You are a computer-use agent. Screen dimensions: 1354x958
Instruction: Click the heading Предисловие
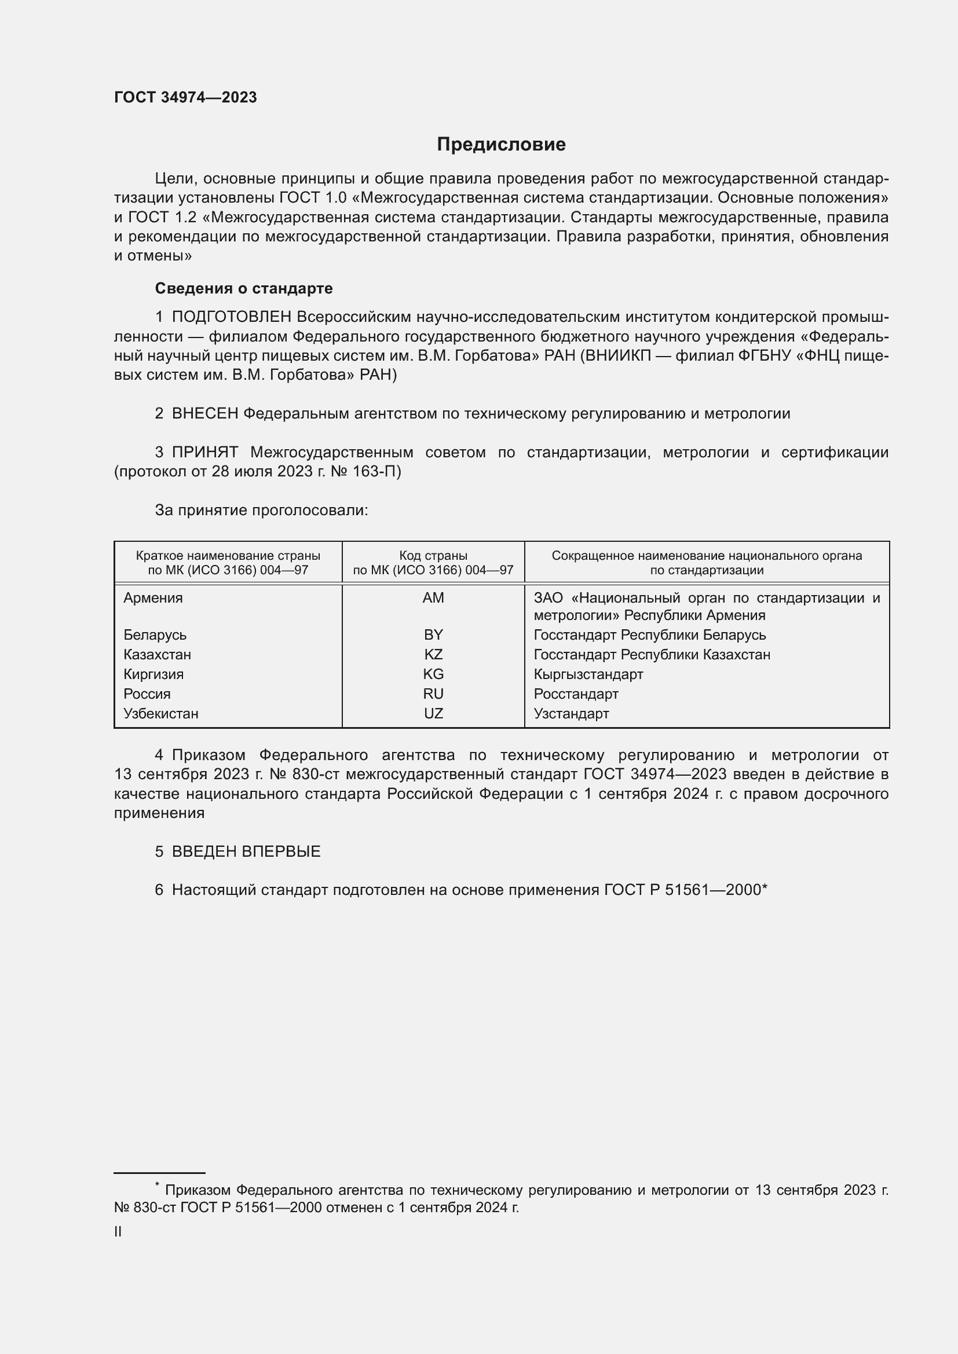(x=501, y=145)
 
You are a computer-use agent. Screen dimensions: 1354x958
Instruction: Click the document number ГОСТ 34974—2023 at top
(x=185, y=98)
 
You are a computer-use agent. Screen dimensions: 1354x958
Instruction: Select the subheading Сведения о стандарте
(x=244, y=288)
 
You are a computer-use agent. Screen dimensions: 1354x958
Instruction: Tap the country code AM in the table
(x=433, y=598)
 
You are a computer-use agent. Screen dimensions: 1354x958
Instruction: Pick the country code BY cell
(x=433, y=635)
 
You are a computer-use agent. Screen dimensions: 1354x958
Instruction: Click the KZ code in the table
(x=433, y=655)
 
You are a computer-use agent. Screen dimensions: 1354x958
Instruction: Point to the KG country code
(x=433, y=674)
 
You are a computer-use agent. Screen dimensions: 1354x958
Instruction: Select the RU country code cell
(x=433, y=694)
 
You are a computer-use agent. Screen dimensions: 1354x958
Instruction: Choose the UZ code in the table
(x=433, y=714)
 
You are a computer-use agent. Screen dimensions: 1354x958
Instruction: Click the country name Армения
(x=153, y=598)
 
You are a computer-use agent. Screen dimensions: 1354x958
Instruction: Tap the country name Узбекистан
(x=161, y=714)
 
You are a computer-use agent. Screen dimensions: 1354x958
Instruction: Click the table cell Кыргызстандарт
(x=588, y=674)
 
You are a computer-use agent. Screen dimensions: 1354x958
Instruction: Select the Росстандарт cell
(x=576, y=694)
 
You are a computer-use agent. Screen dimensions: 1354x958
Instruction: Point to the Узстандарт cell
(x=571, y=714)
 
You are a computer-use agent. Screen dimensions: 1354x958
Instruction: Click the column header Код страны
(x=433, y=556)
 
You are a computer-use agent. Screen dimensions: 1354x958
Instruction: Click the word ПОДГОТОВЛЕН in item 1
(x=231, y=317)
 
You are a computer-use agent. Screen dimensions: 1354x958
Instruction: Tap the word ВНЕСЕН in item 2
(x=205, y=414)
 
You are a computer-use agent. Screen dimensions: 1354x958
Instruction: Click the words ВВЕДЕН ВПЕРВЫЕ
(x=246, y=852)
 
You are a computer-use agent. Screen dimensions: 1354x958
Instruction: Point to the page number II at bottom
(x=118, y=1231)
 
